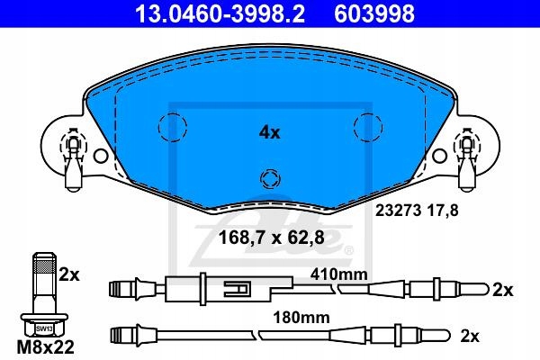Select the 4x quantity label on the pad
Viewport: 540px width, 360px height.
[269, 132]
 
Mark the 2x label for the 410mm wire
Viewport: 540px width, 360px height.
[503, 290]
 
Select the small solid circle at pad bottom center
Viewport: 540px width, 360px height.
[267, 176]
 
